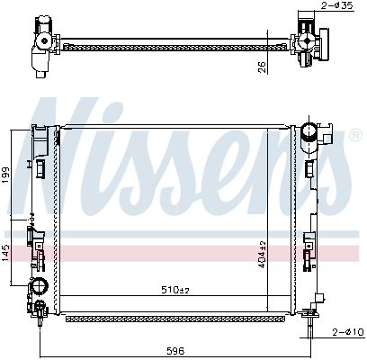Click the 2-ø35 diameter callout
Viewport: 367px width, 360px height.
pyautogui.click(x=337, y=5)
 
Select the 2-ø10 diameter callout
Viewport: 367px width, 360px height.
pyautogui.click(x=349, y=332)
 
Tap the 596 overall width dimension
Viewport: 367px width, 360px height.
pyautogui.click(x=175, y=350)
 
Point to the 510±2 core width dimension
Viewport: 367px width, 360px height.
pyautogui.click(x=175, y=290)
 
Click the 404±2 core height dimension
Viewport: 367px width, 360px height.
pyautogui.click(x=262, y=255)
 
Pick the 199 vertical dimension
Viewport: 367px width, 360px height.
pyautogui.click(x=5, y=175)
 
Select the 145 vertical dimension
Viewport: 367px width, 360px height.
pyautogui.click(x=5, y=253)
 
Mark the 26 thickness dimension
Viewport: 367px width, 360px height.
pyautogui.click(x=262, y=67)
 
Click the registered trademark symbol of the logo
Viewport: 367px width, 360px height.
pyautogui.click(x=355, y=135)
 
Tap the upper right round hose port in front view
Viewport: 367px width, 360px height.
pyautogui.click(x=309, y=131)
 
